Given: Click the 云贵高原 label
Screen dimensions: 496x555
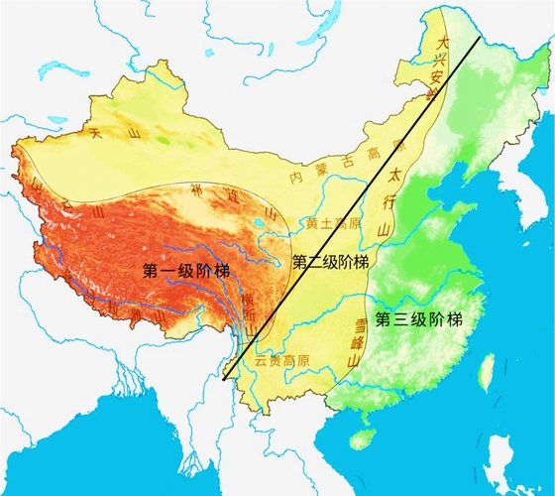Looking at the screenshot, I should [280, 361].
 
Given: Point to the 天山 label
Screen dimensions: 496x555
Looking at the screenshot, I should [111, 131].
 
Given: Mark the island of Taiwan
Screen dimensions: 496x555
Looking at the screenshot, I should [487, 372].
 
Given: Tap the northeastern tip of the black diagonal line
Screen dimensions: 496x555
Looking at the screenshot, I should [481, 38].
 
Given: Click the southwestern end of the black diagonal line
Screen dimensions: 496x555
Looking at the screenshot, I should [226, 379].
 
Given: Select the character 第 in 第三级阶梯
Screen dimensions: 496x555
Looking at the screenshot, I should [381, 318].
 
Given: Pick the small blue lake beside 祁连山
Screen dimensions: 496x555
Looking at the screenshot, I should [269, 212].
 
